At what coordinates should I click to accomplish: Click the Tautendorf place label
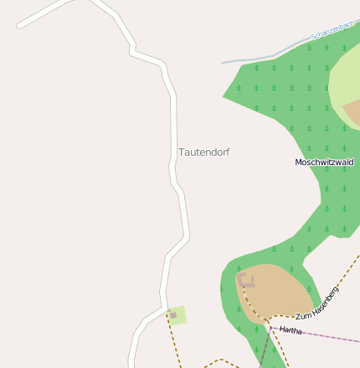click(x=203, y=153)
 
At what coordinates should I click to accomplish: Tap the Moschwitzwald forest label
click(x=324, y=162)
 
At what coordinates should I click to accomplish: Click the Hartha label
click(x=291, y=330)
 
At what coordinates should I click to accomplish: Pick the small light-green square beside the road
click(x=177, y=315)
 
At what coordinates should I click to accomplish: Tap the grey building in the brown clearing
click(x=245, y=281)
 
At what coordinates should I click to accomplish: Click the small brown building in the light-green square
click(x=173, y=315)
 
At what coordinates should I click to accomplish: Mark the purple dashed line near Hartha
click(x=327, y=335)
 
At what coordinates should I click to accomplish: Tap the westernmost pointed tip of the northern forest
click(x=224, y=96)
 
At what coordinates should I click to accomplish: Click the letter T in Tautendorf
click(x=182, y=153)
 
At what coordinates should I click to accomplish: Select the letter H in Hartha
click(x=282, y=329)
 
